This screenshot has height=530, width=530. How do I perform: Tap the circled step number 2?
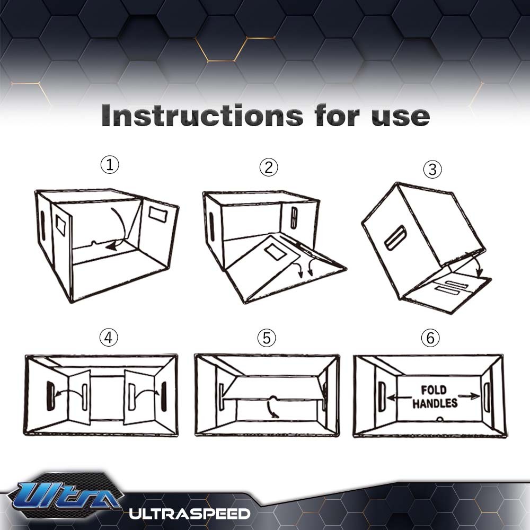tap(269, 167)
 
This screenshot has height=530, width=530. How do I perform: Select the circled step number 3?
tap(432, 170)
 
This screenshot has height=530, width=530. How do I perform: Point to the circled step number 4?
tap(109, 338)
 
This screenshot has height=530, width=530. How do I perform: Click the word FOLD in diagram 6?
tap(434, 391)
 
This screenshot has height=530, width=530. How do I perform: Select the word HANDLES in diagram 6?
tap(435, 404)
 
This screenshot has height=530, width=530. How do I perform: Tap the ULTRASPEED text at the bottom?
tap(189, 513)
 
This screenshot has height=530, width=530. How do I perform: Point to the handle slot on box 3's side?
tap(395, 238)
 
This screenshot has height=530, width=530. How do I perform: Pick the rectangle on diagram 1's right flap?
tap(157, 214)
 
